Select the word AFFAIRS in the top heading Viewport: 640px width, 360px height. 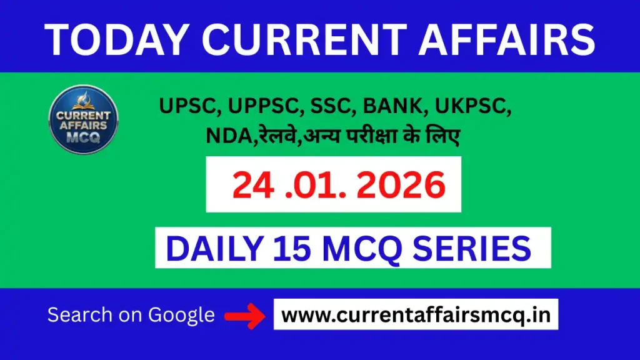coord(507,39)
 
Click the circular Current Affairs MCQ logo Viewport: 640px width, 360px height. coord(83,119)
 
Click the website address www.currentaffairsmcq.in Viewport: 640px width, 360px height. coord(416,315)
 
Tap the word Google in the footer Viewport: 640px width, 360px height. coord(181,315)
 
